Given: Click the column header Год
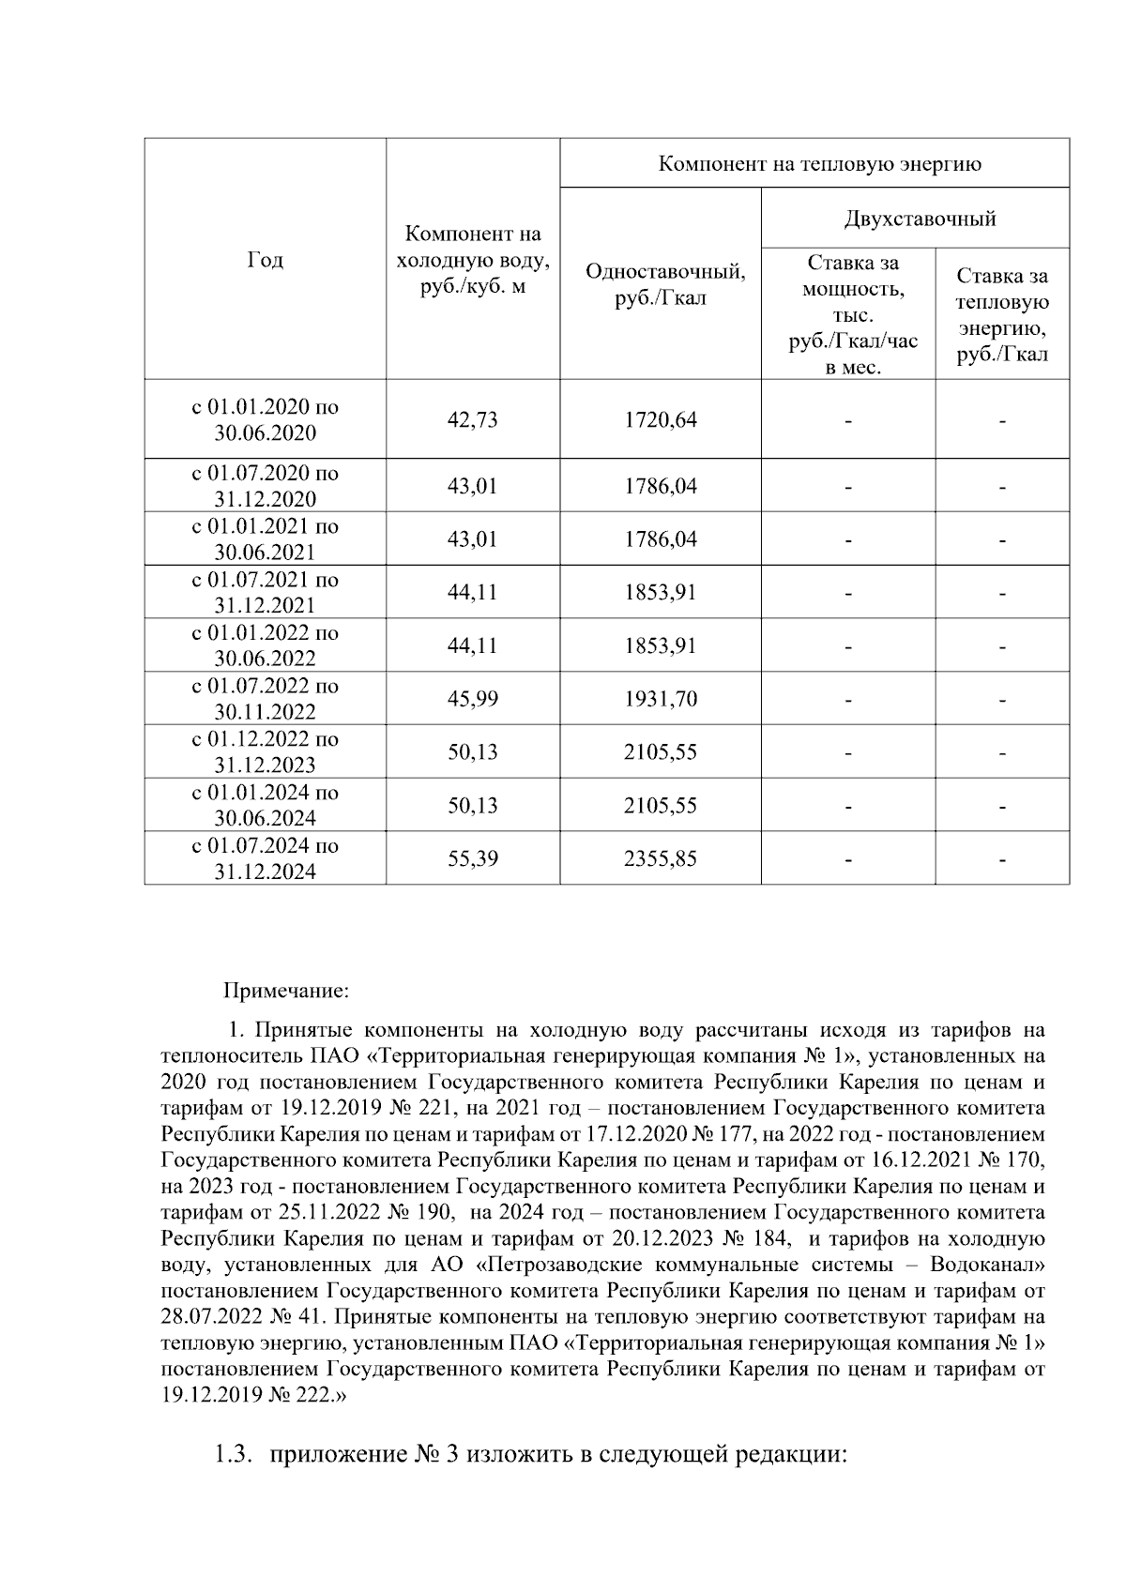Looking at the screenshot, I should [266, 260].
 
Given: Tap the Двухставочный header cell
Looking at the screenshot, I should [920, 220].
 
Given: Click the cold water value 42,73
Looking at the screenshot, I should [473, 419].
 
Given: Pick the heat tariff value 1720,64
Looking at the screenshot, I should [661, 419].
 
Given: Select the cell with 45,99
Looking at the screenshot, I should [473, 699].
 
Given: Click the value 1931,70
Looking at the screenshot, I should [661, 699].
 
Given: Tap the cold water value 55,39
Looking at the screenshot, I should [473, 858].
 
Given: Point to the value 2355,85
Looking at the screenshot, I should [661, 858].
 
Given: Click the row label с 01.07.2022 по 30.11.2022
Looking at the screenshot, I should [266, 699].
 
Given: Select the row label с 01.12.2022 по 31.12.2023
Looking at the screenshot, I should [266, 752].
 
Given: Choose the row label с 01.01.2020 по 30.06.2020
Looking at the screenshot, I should [266, 419].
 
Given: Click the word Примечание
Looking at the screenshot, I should [286, 990].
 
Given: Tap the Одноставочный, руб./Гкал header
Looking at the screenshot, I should [664, 285].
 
